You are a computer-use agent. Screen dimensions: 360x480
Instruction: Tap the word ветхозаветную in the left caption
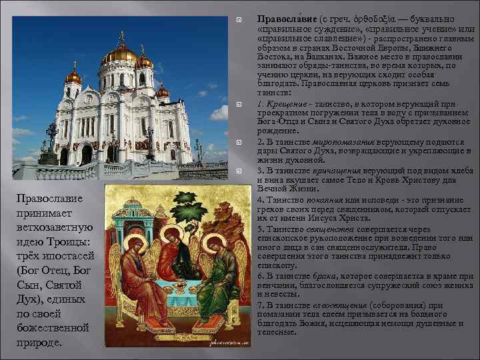54,227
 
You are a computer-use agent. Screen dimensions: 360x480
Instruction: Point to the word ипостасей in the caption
67,255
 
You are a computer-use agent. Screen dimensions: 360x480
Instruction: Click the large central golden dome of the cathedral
120,53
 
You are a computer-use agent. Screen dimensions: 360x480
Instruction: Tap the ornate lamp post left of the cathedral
50,140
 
